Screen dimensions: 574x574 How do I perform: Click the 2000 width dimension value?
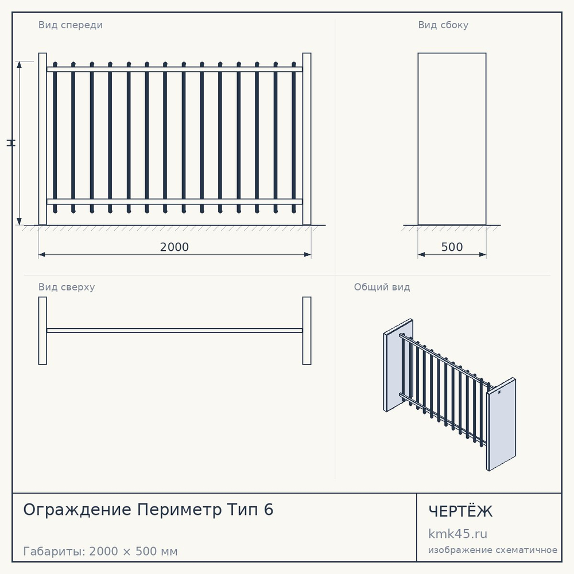click(x=174, y=247)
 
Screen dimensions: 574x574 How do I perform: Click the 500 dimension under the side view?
click(x=452, y=247)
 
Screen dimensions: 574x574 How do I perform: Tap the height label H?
click(x=11, y=143)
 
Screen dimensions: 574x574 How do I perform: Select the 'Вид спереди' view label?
click(x=70, y=25)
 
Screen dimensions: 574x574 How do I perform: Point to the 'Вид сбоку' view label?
click(x=443, y=25)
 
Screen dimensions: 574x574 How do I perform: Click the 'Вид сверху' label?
click(x=67, y=287)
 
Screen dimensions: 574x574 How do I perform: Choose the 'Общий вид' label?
click(x=382, y=287)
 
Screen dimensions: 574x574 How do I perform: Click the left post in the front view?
click(x=42, y=139)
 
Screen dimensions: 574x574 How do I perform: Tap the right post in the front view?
click(x=307, y=139)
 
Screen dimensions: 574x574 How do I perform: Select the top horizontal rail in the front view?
click(x=174, y=69)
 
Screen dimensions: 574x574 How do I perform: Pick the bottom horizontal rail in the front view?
click(x=174, y=201)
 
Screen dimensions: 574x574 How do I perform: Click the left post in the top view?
click(x=42, y=331)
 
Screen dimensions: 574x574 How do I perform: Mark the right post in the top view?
click(x=307, y=331)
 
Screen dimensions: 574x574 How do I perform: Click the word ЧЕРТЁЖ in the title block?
click(x=460, y=511)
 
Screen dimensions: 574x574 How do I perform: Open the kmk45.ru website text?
click(x=457, y=534)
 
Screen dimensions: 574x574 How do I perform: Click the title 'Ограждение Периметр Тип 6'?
click(x=148, y=510)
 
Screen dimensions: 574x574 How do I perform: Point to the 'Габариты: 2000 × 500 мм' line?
click(x=100, y=551)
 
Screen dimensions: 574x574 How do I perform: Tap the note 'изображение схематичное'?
click(x=492, y=550)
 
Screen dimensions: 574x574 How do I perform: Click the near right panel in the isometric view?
click(x=501, y=425)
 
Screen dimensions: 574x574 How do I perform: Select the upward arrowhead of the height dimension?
click(x=19, y=64)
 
